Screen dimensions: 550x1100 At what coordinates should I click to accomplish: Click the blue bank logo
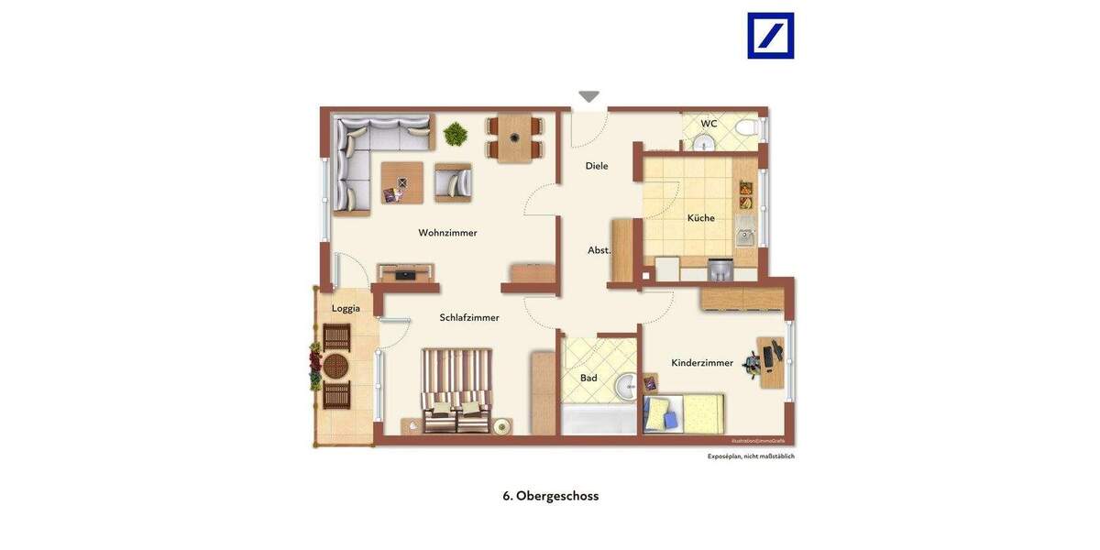point(770,36)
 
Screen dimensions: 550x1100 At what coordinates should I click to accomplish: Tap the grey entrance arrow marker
point(588,96)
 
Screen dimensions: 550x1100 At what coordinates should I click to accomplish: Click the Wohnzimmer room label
point(447,233)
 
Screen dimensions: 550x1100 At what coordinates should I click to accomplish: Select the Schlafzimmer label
point(469,318)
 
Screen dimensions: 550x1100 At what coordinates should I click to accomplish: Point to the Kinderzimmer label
point(702,363)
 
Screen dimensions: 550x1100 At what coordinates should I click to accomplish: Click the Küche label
point(701,218)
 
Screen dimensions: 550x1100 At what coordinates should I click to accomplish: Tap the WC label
point(709,124)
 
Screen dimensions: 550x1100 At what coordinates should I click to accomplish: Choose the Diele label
point(597,166)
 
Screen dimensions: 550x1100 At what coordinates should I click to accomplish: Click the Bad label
point(588,378)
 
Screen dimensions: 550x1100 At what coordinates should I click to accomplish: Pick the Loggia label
point(346,308)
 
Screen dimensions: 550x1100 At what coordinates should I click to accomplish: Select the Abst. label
point(599,250)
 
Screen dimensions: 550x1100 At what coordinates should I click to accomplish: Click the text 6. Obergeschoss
point(550,496)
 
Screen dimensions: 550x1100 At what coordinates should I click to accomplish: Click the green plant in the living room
point(456,135)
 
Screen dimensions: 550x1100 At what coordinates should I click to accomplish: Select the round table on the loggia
point(335,367)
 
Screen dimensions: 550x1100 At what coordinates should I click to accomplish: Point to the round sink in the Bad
point(625,387)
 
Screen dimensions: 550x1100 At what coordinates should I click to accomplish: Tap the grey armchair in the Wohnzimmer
point(453,182)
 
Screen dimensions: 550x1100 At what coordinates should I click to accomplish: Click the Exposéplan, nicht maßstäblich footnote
point(751,456)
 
